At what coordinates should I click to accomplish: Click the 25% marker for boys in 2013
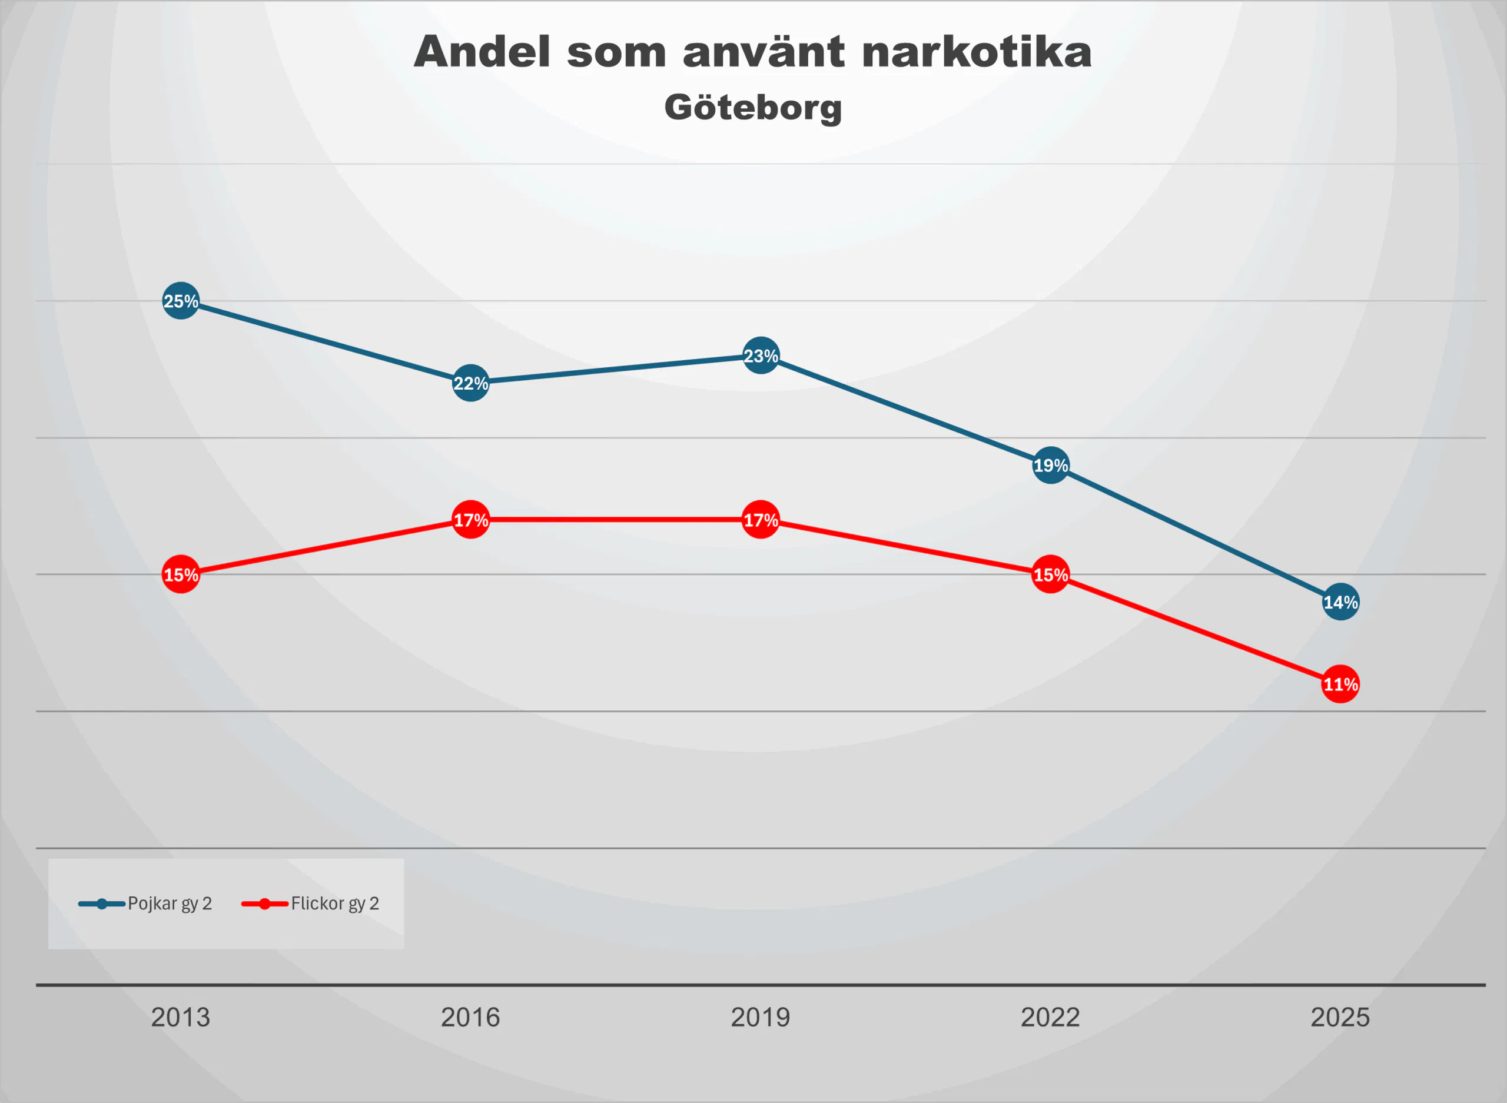180,301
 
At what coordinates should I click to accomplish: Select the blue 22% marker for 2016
470,383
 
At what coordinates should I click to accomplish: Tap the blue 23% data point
761,356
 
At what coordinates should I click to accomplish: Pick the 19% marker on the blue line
1050,466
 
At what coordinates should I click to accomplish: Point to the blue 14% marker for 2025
1340,602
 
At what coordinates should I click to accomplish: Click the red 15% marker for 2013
180,574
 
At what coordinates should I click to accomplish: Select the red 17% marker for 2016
470,520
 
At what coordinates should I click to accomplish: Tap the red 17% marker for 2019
761,520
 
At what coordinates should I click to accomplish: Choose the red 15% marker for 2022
1050,574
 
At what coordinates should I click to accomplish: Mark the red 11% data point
1340,685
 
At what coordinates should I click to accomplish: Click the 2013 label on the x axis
180,1018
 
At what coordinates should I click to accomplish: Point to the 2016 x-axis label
470,1018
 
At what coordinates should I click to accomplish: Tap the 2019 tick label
761,1018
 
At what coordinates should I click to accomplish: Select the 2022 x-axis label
1050,1018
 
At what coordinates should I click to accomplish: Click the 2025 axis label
1340,1018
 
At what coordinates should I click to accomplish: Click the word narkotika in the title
976,52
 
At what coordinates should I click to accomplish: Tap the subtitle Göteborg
753,108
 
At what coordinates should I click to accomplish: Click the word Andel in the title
482,52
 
